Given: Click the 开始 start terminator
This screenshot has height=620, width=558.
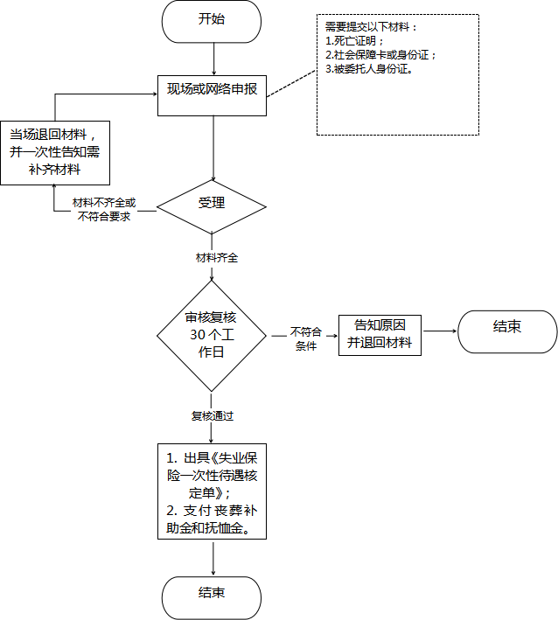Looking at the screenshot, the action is click(212, 21).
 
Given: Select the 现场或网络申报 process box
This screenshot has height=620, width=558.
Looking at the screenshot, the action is click(212, 95).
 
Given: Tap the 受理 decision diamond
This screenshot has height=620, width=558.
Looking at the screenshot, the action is click(212, 206).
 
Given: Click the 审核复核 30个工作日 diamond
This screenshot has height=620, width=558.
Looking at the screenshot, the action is click(212, 336).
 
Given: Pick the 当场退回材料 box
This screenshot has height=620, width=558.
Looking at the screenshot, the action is click(55, 153).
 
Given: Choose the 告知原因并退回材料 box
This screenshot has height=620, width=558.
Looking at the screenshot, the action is click(380, 335).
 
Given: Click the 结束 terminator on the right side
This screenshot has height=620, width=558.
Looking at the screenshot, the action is click(507, 331).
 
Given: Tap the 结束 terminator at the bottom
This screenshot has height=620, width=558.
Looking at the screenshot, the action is click(212, 598).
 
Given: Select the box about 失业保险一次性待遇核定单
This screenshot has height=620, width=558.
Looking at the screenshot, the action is click(212, 491).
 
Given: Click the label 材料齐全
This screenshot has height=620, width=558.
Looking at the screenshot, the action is click(217, 258).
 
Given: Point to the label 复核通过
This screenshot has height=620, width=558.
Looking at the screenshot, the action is click(213, 416).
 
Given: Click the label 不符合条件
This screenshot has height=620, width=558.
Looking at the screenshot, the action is click(306, 338).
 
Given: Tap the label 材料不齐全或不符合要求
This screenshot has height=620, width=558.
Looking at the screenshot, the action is click(104, 210).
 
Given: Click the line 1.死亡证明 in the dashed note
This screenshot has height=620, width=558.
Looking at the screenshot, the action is click(354, 41).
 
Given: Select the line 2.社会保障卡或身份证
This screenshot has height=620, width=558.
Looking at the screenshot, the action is click(380, 54).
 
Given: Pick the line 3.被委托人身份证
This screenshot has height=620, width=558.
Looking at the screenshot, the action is click(369, 69).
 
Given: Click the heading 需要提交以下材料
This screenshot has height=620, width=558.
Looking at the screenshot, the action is click(371, 27).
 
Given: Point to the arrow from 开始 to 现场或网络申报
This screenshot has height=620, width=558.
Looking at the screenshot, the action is click(214, 59).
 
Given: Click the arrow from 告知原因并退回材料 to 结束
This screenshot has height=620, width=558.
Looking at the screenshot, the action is click(439, 331).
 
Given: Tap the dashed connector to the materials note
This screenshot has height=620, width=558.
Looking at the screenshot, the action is click(292, 83).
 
